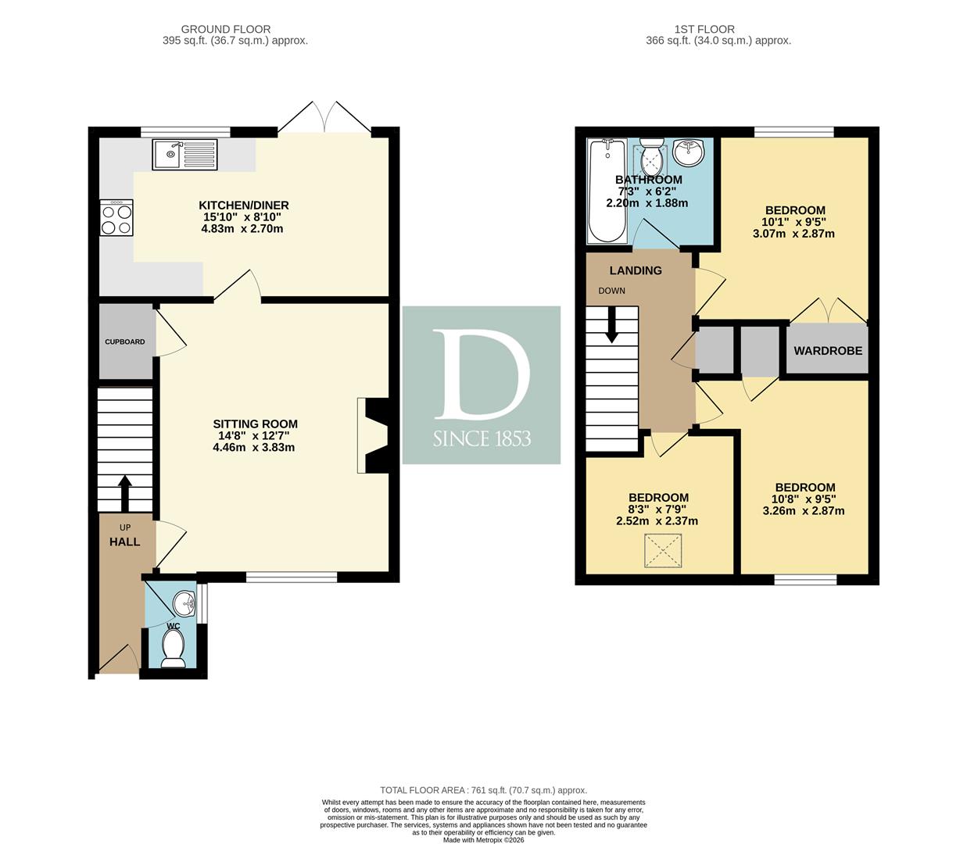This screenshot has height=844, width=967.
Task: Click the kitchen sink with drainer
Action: point(184,155)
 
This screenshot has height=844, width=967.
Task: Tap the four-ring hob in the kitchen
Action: point(116,218)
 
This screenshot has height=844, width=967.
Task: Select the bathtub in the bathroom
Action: point(607,191)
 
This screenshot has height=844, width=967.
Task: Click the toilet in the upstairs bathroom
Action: point(652,157)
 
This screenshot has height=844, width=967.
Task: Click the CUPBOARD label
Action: point(125,342)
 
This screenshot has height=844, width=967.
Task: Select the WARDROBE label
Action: point(828,350)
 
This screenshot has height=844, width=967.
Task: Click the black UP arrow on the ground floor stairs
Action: point(125,494)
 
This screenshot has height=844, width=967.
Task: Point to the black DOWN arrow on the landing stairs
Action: point(612,325)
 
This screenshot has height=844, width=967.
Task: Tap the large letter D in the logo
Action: point(482,374)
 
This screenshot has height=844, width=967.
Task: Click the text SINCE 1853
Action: point(482,439)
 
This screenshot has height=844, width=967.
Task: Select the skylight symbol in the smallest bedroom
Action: point(663,551)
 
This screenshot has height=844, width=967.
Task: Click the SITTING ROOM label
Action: point(255,424)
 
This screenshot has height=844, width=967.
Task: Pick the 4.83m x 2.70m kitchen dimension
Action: point(242,229)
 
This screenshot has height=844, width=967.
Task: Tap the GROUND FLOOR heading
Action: point(226,29)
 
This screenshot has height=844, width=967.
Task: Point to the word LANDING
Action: point(636,270)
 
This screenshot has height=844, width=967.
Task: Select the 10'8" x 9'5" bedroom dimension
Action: point(805,499)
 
